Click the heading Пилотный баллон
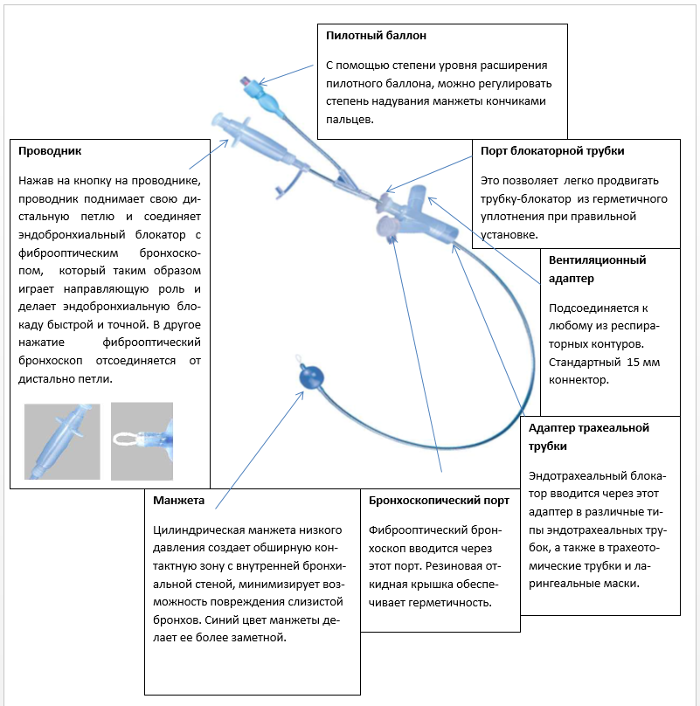click(x=376, y=36)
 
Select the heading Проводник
click(x=50, y=151)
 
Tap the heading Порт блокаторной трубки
click(x=552, y=151)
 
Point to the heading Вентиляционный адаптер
click(x=597, y=269)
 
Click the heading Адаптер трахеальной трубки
click(x=590, y=436)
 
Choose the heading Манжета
click(x=178, y=501)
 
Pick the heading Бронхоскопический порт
click(x=439, y=501)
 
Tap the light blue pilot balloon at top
click(x=272, y=102)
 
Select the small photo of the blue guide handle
click(x=63, y=440)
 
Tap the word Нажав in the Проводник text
click(x=37, y=180)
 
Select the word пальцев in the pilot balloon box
click(x=350, y=120)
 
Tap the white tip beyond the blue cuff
click(x=299, y=360)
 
